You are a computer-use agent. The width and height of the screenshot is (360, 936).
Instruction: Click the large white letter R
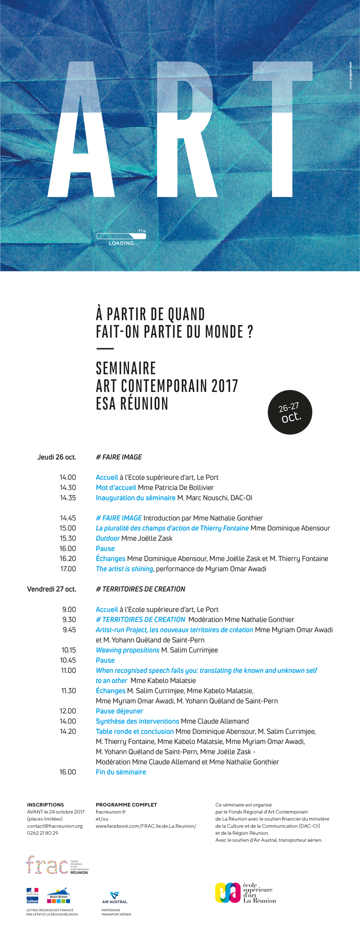point(187,130)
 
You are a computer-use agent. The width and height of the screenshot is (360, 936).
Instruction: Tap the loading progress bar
point(121,236)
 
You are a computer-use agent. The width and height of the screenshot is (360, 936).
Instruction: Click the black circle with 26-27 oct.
point(290,412)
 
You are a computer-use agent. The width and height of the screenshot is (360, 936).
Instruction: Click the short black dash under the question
point(105,349)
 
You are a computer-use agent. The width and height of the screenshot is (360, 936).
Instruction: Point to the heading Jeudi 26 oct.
point(57,457)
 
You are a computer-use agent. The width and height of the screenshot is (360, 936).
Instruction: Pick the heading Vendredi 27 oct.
point(51,589)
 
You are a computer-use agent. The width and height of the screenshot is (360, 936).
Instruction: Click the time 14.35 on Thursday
point(68,498)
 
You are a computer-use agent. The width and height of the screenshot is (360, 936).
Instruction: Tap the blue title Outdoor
point(108,538)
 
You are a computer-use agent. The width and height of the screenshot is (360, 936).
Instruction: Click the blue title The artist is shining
point(124,569)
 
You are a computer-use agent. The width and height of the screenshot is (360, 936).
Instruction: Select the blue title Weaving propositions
point(127,650)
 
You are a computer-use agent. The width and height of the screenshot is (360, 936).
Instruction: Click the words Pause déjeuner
point(119,711)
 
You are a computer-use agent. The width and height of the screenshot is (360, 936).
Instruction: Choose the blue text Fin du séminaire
point(121,772)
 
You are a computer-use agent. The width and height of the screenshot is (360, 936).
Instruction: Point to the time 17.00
point(68,569)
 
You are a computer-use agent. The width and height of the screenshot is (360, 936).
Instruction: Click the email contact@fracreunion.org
point(54,826)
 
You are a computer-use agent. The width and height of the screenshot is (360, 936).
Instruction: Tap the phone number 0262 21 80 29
point(42,833)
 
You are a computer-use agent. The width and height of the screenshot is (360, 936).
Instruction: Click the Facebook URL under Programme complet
point(146,826)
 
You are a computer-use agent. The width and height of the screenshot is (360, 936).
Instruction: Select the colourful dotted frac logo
point(47,865)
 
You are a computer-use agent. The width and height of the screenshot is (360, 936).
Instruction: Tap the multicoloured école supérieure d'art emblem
point(228,892)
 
